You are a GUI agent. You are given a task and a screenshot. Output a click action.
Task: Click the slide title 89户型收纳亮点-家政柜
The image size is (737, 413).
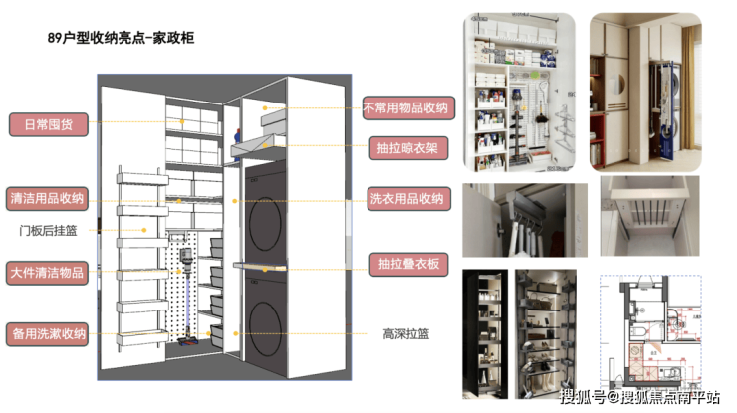point(120,38)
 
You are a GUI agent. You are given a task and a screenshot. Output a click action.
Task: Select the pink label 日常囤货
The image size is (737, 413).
point(48,124)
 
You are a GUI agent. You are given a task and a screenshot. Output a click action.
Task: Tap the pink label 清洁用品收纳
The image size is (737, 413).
point(48,196)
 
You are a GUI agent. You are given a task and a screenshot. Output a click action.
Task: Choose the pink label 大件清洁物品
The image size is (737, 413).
point(48,272)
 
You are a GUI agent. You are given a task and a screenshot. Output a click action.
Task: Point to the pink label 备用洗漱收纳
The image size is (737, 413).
point(48,333)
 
